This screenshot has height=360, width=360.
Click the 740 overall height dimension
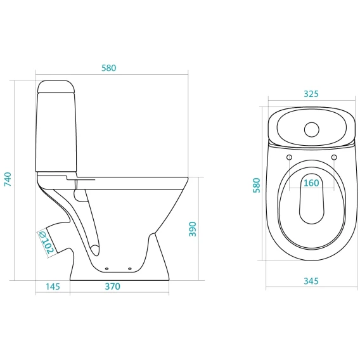coord(8,179)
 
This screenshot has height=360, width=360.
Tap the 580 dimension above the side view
coord(109,68)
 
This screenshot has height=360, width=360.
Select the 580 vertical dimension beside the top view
coord(257,185)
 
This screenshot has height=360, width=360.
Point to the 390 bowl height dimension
coord(193,229)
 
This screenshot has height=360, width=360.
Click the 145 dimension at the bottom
coord(53,286)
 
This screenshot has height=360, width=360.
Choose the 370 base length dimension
coord(113,286)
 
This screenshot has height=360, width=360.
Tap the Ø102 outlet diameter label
coord(47,243)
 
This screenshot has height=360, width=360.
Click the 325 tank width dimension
coord(311,94)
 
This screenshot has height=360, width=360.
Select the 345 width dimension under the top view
coord(311,281)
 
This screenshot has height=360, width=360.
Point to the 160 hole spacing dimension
coord(311,183)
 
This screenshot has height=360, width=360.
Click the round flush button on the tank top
coord(312,129)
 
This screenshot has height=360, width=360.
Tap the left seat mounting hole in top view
coord(289,157)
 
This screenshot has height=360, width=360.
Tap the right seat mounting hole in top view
coord(334,157)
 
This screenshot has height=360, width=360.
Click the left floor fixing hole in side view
coord(106,269)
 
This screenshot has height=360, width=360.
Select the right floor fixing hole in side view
coord(130,269)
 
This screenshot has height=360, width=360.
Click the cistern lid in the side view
coord(56,87)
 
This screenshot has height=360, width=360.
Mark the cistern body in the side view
coord(56,132)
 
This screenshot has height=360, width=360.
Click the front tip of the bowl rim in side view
coord(188,177)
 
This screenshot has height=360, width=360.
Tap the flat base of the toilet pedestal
coord(120,280)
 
